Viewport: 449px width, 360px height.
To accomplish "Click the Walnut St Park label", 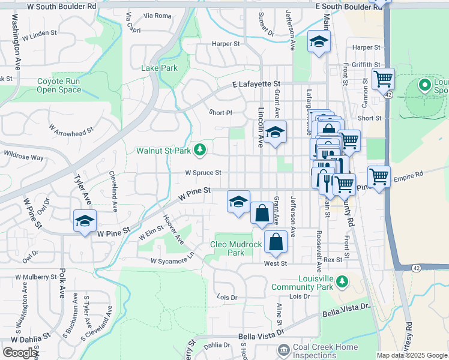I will pyautogui.click(x=164, y=151).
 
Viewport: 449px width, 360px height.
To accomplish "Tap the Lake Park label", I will pyautogui.click(x=159, y=68).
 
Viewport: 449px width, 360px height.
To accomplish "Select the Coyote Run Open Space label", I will pyautogui.click(x=59, y=85).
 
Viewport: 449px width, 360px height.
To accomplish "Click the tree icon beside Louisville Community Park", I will pyautogui.click(x=342, y=281).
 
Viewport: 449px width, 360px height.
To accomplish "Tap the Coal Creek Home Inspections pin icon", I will pyautogui.click(x=283, y=349).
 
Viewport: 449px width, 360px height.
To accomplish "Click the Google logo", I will pyautogui.click(x=20, y=353).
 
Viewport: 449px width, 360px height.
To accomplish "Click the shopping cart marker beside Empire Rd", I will pyautogui.click(x=379, y=176).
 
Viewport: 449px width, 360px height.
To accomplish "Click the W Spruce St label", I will pyautogui.click(x=203, y=173).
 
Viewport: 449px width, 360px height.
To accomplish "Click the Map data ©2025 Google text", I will pyautogui.click(x=412, y=355).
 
